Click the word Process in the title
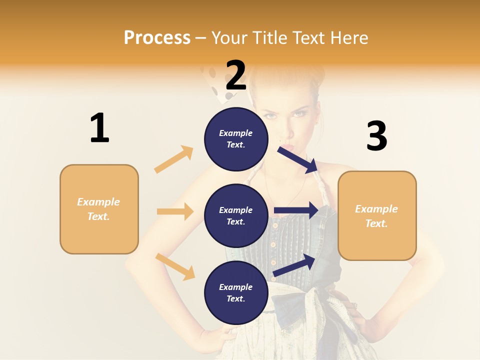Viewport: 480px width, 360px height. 157,37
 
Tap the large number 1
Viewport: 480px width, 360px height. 99,128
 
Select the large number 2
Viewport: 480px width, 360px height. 236,75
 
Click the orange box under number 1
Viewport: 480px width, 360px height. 99,209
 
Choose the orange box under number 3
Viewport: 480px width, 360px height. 377,215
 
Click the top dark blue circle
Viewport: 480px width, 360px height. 236,139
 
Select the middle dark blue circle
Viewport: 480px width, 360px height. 236,215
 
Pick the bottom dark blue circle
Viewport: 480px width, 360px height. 236,292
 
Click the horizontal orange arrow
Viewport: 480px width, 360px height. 175,211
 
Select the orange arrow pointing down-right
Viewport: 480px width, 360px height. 175,266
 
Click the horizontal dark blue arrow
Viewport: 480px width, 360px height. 296,210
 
